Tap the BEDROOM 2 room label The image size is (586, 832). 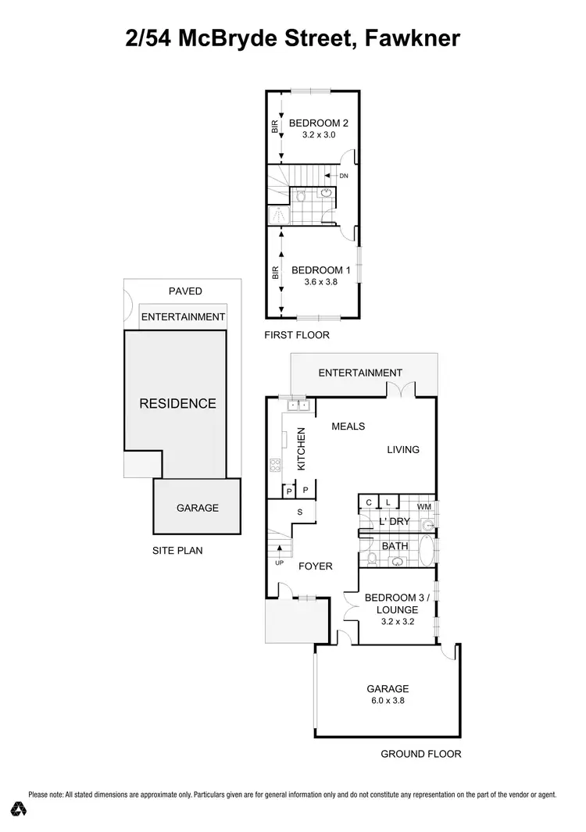pos(318,123)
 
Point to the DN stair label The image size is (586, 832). pos(343,176)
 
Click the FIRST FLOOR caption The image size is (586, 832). pos(298,335)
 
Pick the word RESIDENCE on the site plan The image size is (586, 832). pos(177,404)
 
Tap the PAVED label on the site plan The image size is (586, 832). pos(185,291)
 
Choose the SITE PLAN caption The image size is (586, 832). pos(177,550)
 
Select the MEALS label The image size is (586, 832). pos(348,427)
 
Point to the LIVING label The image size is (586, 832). pos(403,449)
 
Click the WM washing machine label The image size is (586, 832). pos(424,506)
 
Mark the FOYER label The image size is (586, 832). pos(316,566)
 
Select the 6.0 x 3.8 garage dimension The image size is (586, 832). pos(388,701)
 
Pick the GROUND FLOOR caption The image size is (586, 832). pos(420,754)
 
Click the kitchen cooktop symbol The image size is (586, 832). pos(275,466)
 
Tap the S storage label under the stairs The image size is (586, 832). pos(299,512)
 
